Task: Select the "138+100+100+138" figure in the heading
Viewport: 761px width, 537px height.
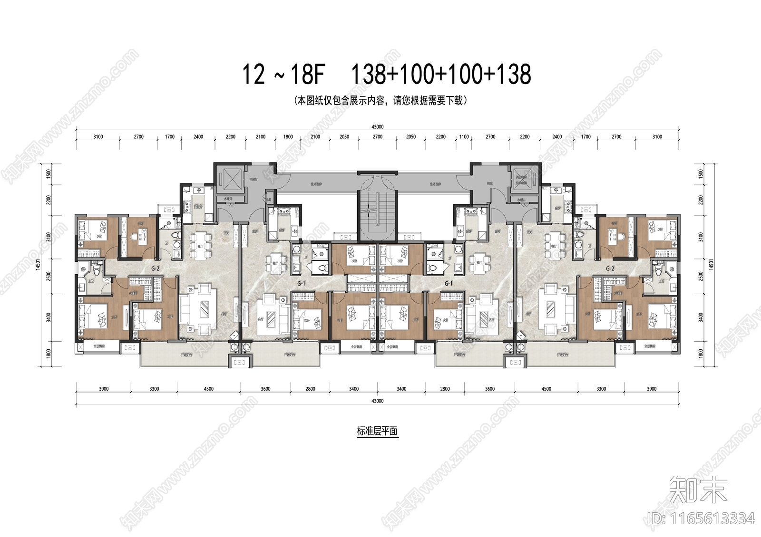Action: [x=440, y=75]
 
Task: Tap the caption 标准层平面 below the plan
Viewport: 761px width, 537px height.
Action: [x=377, y=432]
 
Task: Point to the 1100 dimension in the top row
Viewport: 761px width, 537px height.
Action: [x=464, y=137]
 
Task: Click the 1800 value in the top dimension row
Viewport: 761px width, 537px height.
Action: [x=288, y=137]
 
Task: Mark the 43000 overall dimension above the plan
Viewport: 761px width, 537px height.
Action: [x=377, y=127]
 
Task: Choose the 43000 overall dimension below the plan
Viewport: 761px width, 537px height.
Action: [x=377, y=401]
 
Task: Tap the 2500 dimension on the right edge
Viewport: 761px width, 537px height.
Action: [x=701, y=276]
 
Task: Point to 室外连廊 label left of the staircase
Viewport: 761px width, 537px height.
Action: [x=316, y=183]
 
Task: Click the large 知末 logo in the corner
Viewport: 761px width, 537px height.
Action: [x=698, y=491]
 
